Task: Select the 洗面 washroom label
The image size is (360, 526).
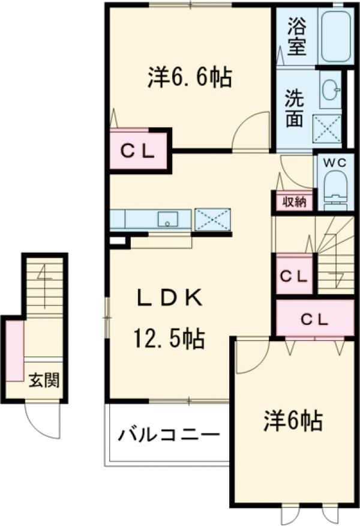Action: click(x=293, y=109)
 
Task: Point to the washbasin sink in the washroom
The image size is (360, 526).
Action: click(x=329, y=91)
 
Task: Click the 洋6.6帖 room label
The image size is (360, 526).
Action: click(x=190, y=77)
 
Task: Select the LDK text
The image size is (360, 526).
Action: click(x=168, y=298)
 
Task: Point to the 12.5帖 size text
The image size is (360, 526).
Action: click(x=168, y=340)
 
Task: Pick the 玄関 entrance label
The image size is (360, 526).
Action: click(x=44, y=380)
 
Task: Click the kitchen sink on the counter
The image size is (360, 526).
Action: click(x=169, y=219)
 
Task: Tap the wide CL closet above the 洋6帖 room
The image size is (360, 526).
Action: click(x=314, y=319)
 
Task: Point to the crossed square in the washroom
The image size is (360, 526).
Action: click(x=328, y=126)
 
